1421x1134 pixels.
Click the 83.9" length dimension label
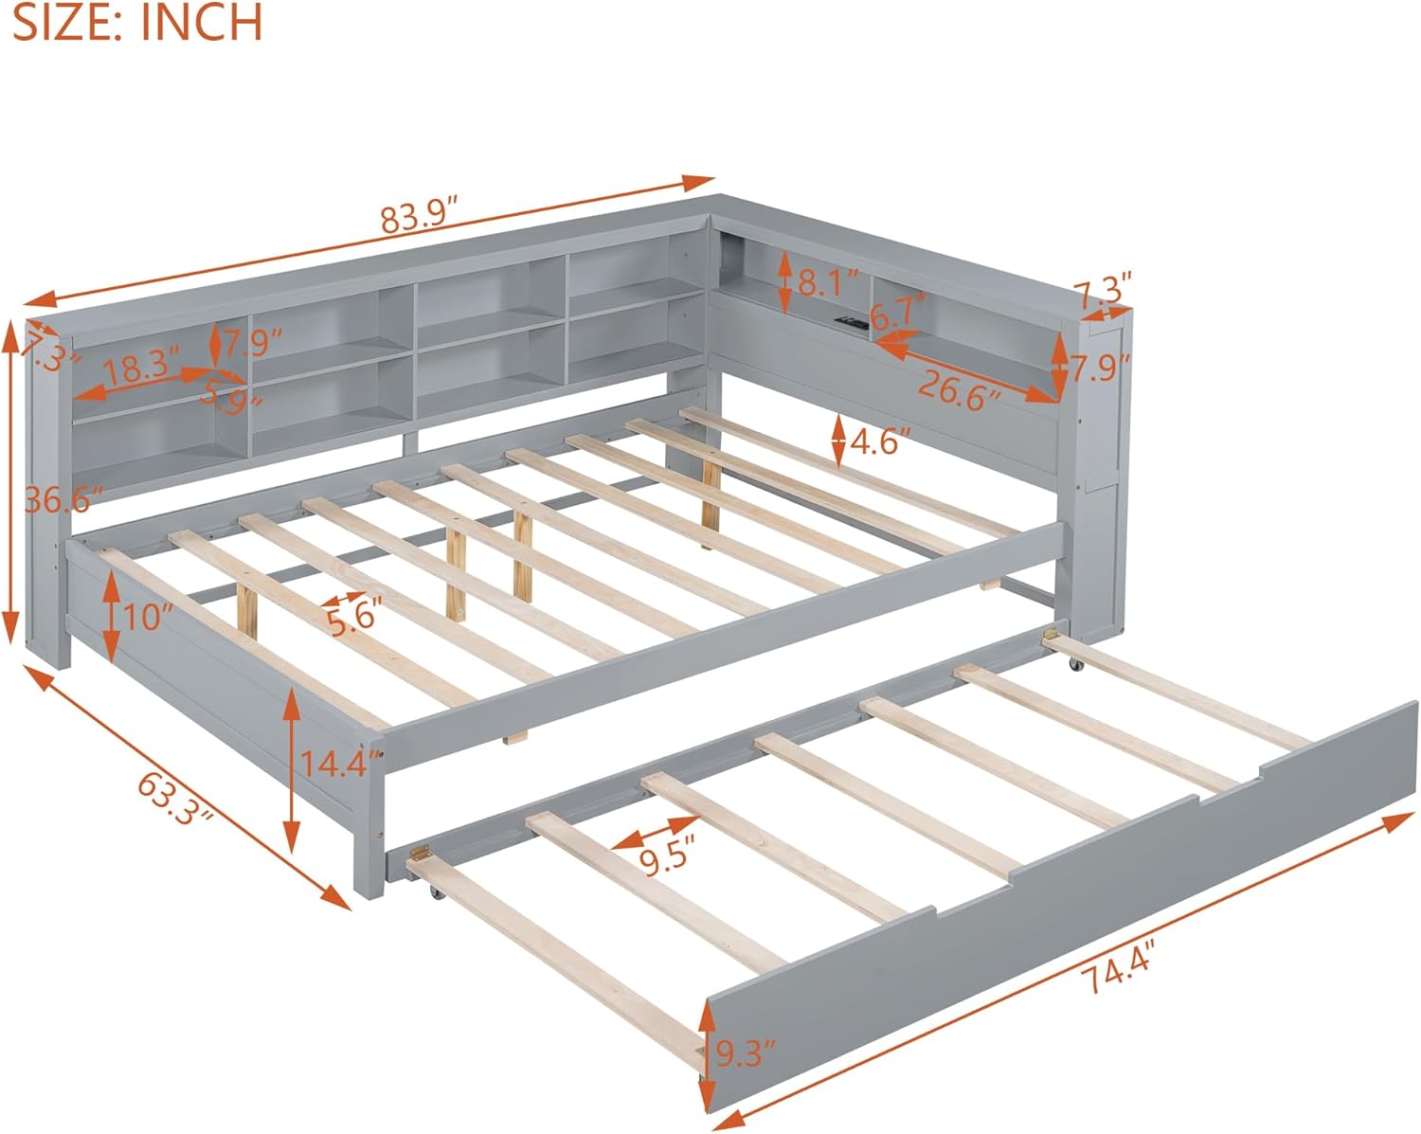point(420,217)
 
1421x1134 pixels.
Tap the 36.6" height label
point(63,498)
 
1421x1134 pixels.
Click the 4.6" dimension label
point(881,441)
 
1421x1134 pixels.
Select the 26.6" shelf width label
point(958,390)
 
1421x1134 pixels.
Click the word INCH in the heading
point(202,23)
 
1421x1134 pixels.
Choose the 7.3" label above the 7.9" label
point(1103,289)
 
